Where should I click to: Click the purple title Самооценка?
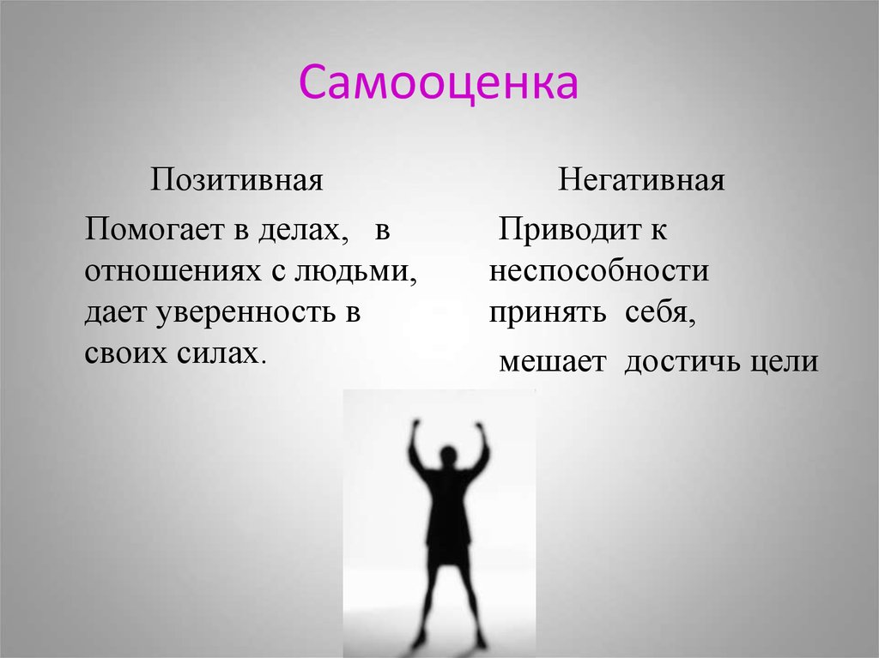click(439, 83)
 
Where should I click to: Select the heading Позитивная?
click(236, 180)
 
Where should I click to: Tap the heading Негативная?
click(640, 180)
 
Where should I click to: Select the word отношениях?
click(173, 272)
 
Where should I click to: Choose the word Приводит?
click(570, 229)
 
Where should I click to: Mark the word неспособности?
click(598, 271)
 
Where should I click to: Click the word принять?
click(547, 313)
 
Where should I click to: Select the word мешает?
click(552, 362)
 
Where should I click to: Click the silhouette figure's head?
click(448, 454)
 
